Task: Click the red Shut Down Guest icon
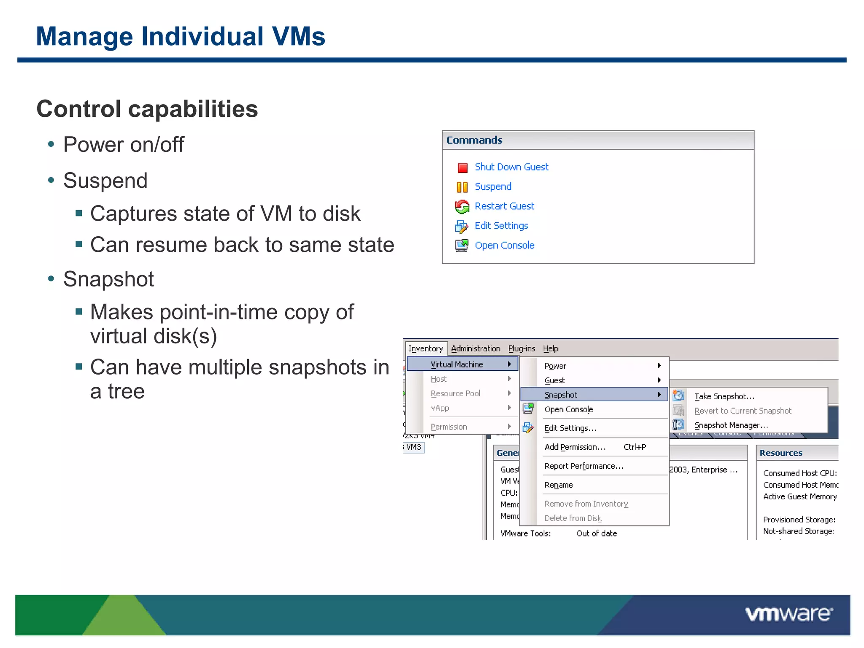coord(462,168)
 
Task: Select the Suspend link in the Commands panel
coord(493,186)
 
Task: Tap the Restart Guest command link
coord(504,206)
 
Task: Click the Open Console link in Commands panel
coord(504,246)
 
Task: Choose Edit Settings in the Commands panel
coord(501,226)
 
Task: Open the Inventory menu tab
coord(426,348)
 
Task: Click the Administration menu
coord(475,348)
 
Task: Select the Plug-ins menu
coord(521,348)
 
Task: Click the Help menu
coord(551,348)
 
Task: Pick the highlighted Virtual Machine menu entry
coord(457,364)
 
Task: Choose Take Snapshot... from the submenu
coord(724,396)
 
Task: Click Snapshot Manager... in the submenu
coord(731,425)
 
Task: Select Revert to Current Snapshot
coord(742,411)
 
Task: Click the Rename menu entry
coord(559,485)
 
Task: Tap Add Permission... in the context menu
coord(575,447)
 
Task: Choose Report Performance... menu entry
coord(583,466)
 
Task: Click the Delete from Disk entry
coord(573,518)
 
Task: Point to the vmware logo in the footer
coord(788,614)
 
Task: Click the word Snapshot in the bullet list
coord(108,279)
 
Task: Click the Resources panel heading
coord(780,453)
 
